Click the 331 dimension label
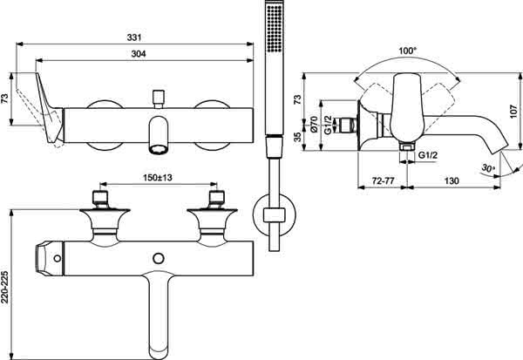click(133, 37)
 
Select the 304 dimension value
click(139, 54)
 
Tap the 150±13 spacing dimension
click(158, 178)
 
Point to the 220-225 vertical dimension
click(4, 288)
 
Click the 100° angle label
click(408, 51)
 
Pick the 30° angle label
click(488, 168)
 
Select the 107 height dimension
click(513, 112)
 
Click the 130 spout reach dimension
click(452, 180)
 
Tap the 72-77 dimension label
click(383, 180)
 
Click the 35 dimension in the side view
click(297, 137)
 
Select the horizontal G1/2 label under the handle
click(428, 155)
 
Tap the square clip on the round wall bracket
click(275, 215)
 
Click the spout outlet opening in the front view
click(159, 149)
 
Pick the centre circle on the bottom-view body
click(158, 259)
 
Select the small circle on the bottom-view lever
click(58, 259)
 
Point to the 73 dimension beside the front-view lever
click(4, 98)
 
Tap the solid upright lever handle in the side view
click(406, 106)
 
